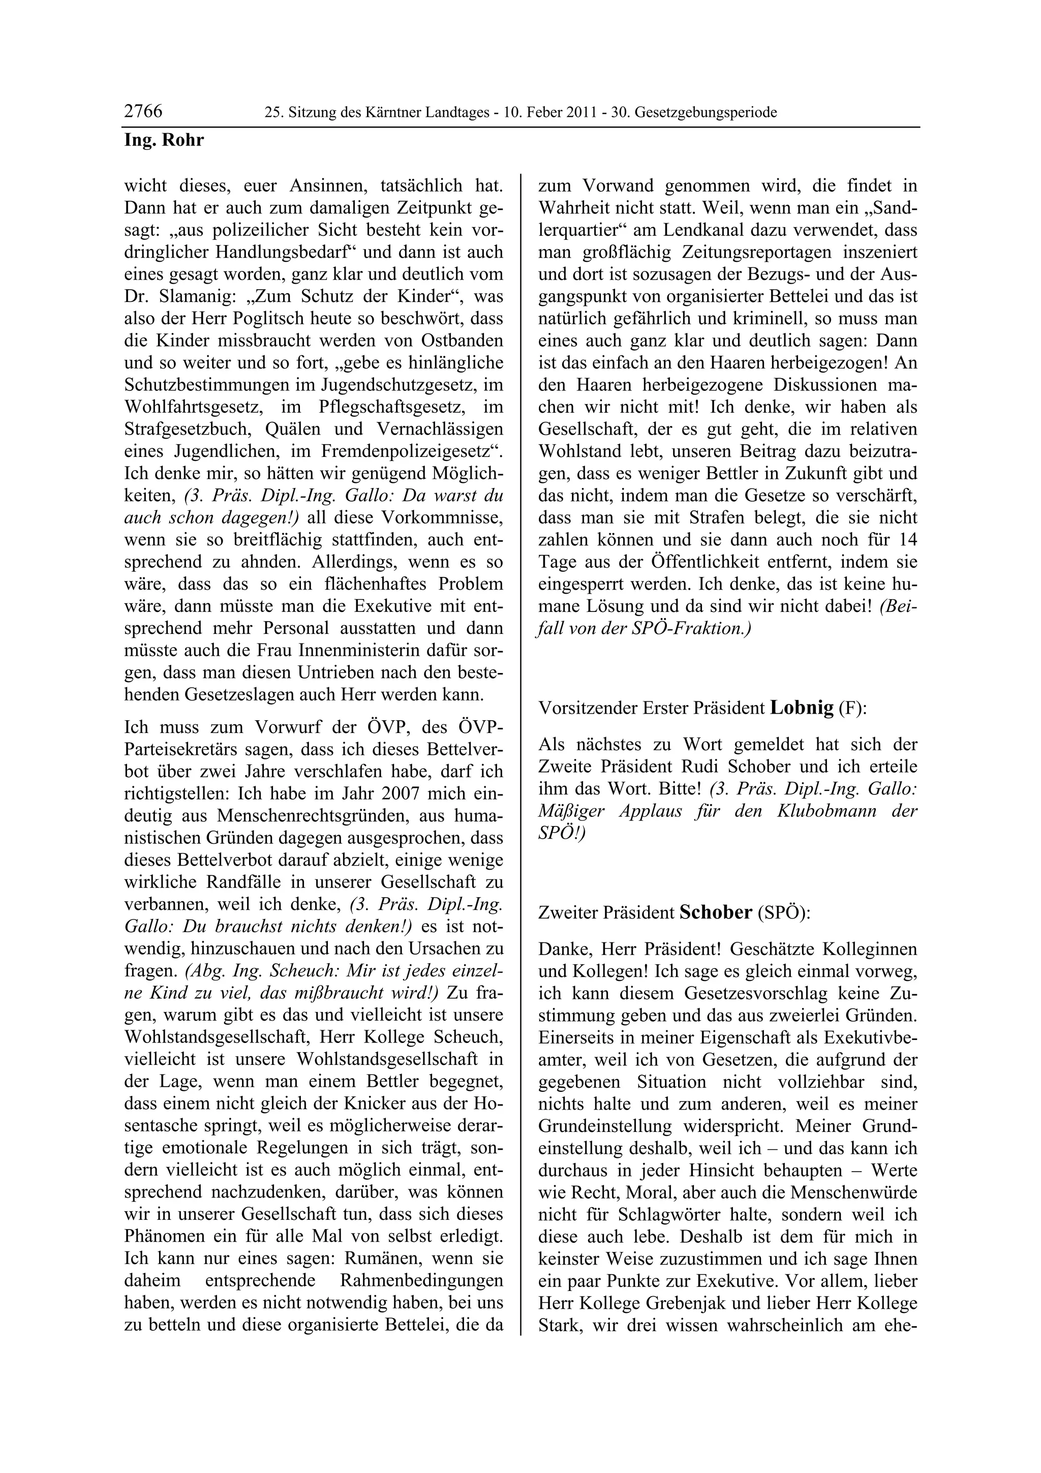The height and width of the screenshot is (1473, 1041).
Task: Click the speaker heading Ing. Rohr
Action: [164, 140]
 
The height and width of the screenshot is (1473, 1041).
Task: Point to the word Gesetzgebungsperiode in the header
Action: [713, 113]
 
